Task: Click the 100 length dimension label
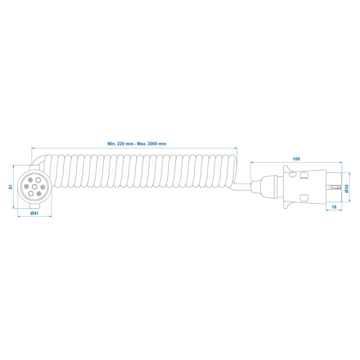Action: click(296, 159)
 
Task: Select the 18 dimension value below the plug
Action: click(334, 207)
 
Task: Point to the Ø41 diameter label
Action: click(34, 213)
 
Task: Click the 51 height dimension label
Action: click(10, 187)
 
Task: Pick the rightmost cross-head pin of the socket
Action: click(42, 187)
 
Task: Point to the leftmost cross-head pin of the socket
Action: click(26, 187)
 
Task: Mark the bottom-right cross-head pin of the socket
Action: click(38, 193)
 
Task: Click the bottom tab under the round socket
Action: click(34, 206)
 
